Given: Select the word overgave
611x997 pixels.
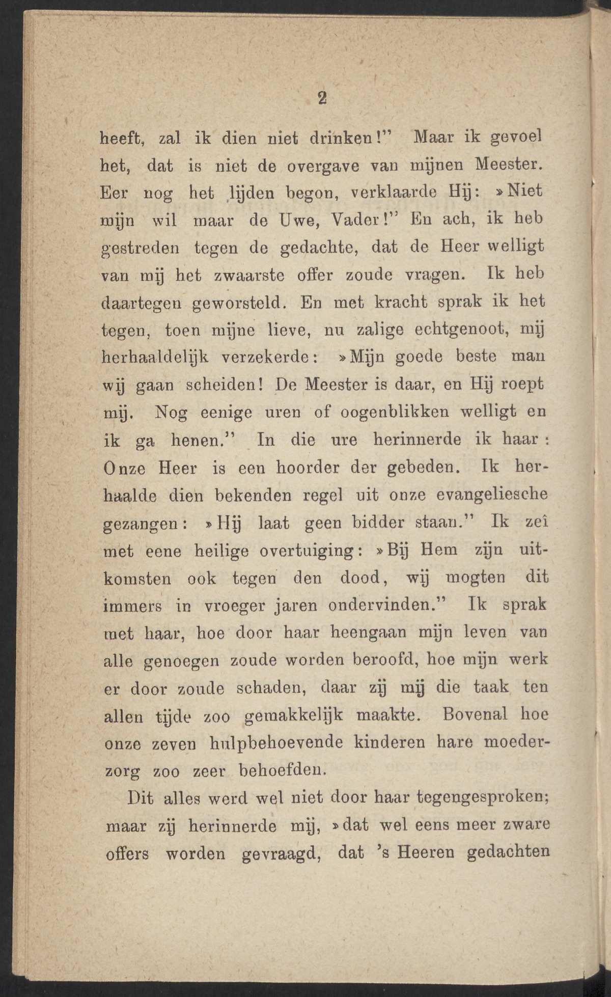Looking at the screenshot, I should click(x=322, y=166).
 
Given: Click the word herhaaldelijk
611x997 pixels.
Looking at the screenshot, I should click(x=155, y=357).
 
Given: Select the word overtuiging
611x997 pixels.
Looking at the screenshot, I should click(x=311, y=550).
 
